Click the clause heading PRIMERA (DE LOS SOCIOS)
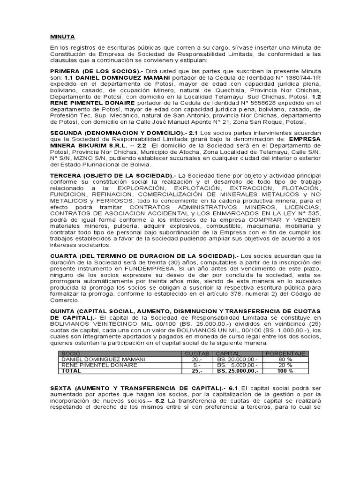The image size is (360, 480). click(88, 70)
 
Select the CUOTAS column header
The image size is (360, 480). click(197, 353)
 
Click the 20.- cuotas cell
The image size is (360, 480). click(197, 359)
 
